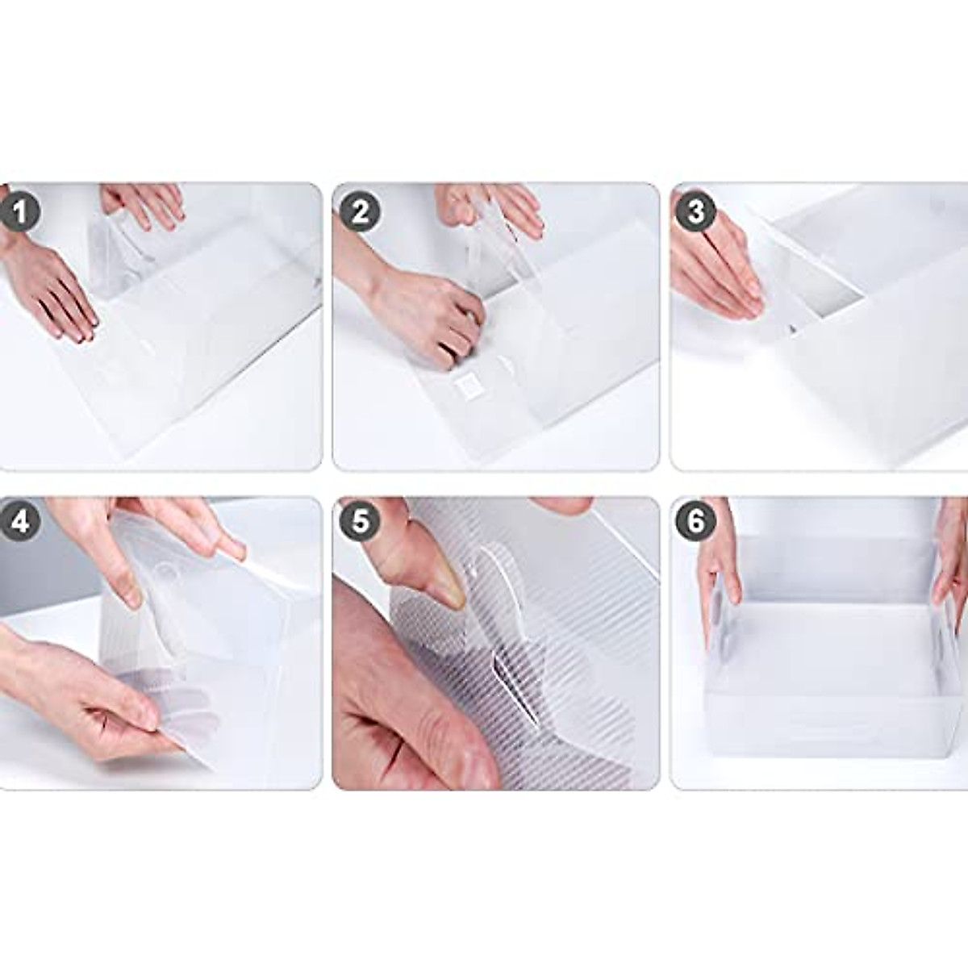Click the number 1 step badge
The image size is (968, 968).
click(x=20, y=213)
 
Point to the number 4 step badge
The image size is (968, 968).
click(x=20, y=521)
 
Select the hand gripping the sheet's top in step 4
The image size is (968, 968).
click(x=161, y=532)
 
